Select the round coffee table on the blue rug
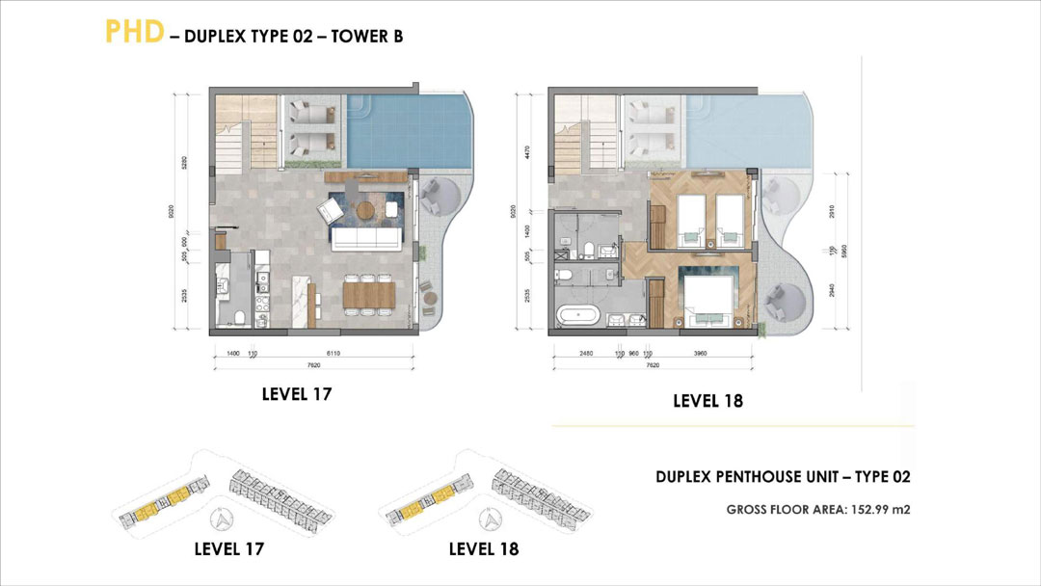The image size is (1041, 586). coord(364,209)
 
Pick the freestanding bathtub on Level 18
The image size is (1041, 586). coord(575,314)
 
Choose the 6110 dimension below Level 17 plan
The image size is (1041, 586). coord(334,355)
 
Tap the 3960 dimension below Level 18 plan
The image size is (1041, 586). coord(701,355)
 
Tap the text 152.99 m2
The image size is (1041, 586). coord(874,508)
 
